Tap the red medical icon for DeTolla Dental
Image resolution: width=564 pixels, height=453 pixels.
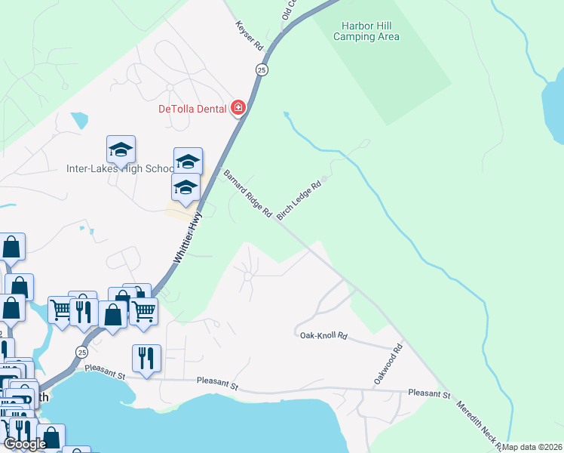click(238, 108)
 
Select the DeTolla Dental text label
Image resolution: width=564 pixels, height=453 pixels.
click(192, 109)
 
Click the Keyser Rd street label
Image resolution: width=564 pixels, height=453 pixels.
click(250, 35)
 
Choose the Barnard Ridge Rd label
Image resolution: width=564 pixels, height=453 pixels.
click(247, 194)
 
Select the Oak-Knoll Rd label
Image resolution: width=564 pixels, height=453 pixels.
click(323, 335)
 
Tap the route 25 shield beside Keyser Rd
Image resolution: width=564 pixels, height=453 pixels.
click(261, 69)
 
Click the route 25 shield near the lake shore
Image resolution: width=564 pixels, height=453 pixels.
click(81, 353)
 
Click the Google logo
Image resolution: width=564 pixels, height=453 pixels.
click(25, 444)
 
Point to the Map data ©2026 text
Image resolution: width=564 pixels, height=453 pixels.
click(532, 447)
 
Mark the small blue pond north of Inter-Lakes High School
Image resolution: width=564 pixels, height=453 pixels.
click(79, 120)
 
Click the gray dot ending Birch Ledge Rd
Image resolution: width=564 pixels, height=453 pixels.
click(323, 180)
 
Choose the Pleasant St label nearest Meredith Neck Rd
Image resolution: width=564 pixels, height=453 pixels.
click(429, 394)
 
